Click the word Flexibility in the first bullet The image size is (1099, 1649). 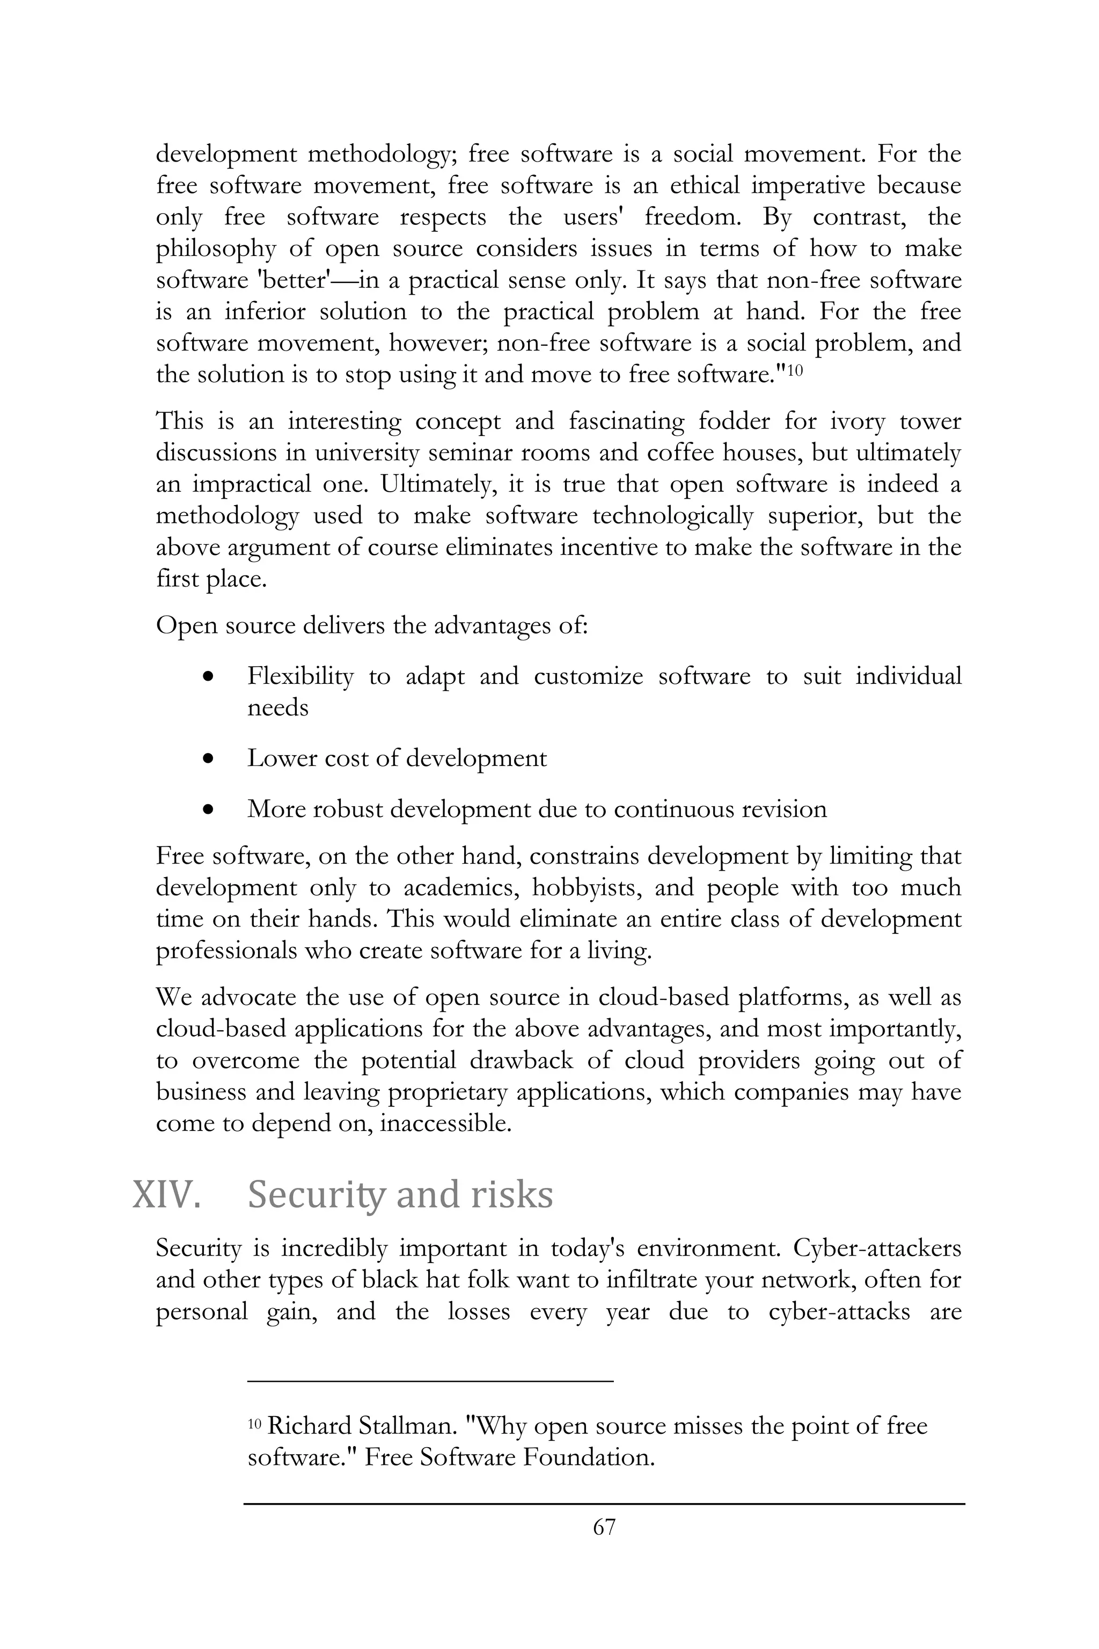(300, 676)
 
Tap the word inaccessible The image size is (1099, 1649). (445, 1123)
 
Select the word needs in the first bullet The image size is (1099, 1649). (277, 708)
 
